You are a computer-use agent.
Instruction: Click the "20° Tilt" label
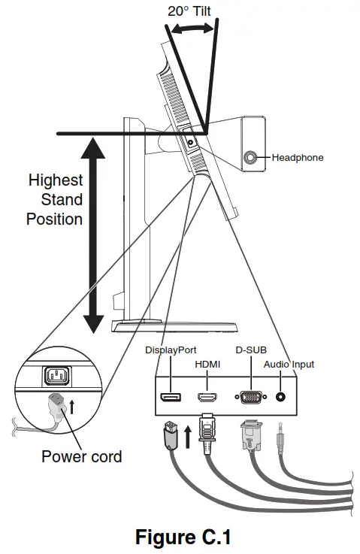(x=189, y=11)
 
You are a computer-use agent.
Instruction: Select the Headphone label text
(x=298, y=158)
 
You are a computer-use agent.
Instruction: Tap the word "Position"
(x=54, y=219)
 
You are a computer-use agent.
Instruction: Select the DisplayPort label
(x=171, y=350)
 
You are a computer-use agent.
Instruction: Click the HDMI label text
(x=207, y=364)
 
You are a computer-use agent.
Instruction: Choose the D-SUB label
(x=251, y=350)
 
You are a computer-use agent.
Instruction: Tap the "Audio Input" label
(x=289, y=364)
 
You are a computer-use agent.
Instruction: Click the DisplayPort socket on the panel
(x=171, y=396)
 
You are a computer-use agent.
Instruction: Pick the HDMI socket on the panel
(x=207, y=397)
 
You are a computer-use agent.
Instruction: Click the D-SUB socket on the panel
(x=250, y=397)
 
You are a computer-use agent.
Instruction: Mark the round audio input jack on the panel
(x=282, y=397)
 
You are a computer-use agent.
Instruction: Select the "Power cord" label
(x=81, y=456)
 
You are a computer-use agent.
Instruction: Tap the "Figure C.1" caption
(x=182, y=537)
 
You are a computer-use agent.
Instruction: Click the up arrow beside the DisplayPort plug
(x=186, y=435)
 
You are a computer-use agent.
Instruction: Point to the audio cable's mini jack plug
(x=282, y=438)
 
